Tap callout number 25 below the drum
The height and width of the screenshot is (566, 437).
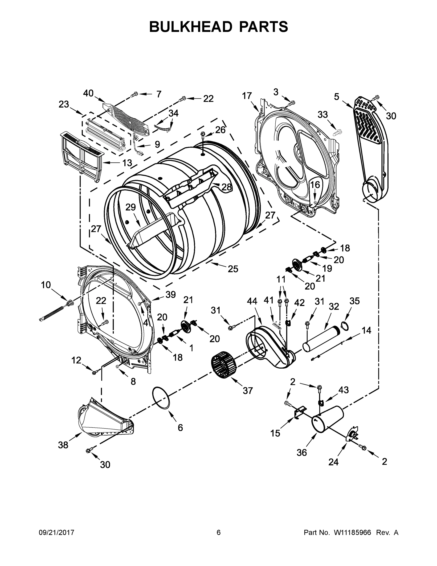(233, 269)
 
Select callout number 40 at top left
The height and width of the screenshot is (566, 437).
(88, 93)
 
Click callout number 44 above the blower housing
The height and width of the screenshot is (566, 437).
(252, 301)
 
